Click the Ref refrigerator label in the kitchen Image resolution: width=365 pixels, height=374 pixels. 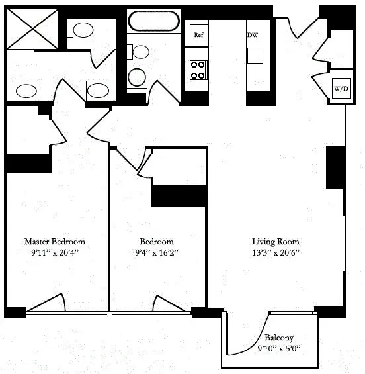(x=198, y=34)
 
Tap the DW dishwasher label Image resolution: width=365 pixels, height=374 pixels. (x=253, y=34)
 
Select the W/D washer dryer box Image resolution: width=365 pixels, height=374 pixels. (x=341, y=88)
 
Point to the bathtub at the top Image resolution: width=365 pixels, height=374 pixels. (x=153, y=21)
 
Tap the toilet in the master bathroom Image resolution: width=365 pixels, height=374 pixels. (x=83, y=30)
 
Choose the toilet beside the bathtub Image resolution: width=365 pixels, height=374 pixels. (x=140, y=52)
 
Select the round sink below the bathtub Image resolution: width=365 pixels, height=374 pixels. (x=137, y=77)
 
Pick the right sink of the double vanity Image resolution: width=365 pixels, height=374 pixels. (x=99, y=90)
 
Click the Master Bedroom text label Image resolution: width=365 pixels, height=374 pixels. (x=54, y=242)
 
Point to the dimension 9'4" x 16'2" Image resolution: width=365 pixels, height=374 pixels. (x=157, y=253)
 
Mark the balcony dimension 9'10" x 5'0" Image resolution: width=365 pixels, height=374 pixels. (x=278, y=348)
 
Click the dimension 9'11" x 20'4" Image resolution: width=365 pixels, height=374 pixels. (x=54, y=253)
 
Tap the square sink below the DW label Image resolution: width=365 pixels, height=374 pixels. (x=255, y=54)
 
